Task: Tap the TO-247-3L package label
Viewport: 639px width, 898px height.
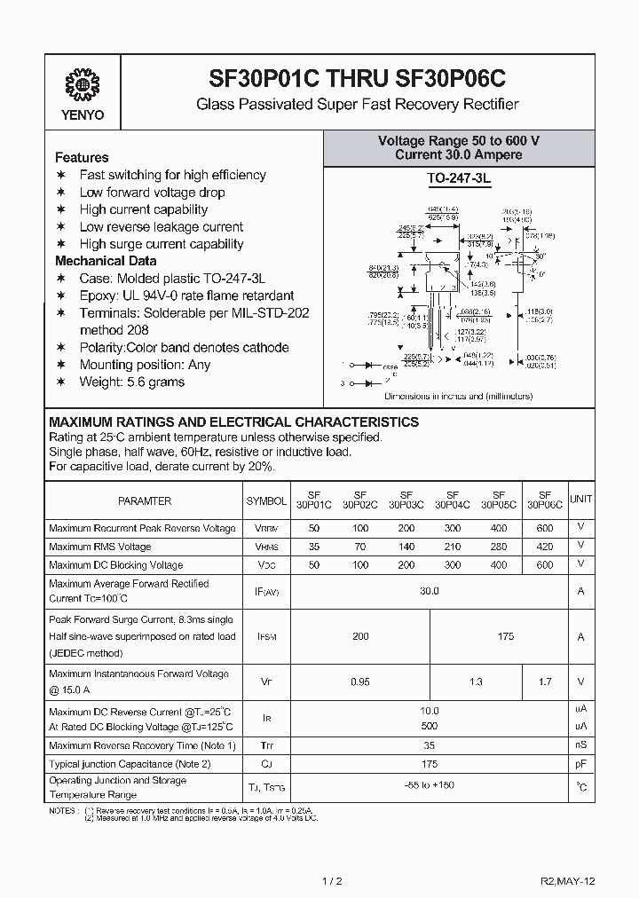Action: click(x=459, y=179)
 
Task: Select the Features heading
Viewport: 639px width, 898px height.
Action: click(x=82, y=157)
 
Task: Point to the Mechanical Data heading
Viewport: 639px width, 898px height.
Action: click(x=106, y=261)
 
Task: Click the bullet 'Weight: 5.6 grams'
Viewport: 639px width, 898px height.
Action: click(x=131, y=382)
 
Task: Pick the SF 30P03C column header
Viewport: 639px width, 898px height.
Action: click(x=406, y=500)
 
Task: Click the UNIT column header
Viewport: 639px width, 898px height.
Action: click(x=581, y=500)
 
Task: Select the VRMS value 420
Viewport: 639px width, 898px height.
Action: click(x=544, y=547)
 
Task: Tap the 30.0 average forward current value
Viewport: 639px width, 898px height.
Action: click(x=429, y=590)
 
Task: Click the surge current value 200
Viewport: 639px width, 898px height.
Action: click(x=360, y=636)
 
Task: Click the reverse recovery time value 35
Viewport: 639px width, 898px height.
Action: click(x=429, y=745)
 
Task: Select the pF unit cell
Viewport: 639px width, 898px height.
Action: click(x=581, y=763)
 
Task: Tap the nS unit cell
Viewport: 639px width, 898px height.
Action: click(x=581, y=745)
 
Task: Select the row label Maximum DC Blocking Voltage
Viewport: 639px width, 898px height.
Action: click(x=116, y=564)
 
